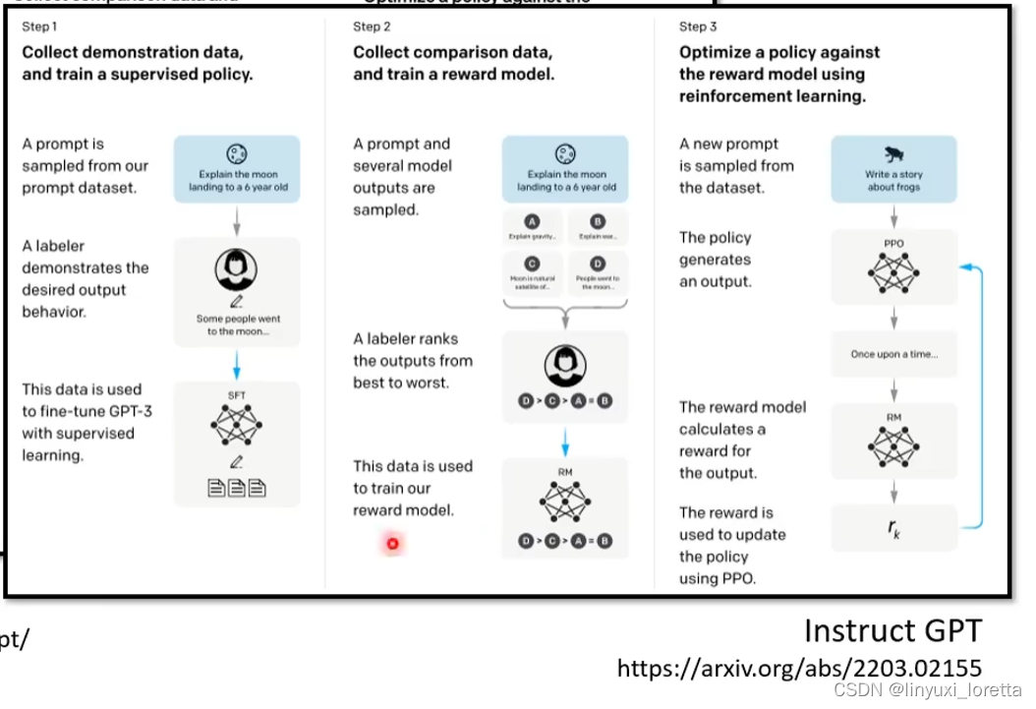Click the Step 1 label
click(39, 27)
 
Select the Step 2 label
click(372, 27)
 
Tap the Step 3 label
click(698, 27)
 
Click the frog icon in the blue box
click(894, 154)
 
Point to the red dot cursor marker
click(392, 543)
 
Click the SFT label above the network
click(236, 395)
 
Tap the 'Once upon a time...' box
click(893, 354)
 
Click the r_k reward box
click(893, 527)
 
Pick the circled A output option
click(533, 222)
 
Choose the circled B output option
click(597, 222)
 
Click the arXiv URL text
click(798, 669)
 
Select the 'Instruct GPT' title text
click(892, 630)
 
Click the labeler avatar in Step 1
click(236, 268)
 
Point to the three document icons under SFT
click(236, 488)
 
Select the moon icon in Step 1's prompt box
click(236, 154)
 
